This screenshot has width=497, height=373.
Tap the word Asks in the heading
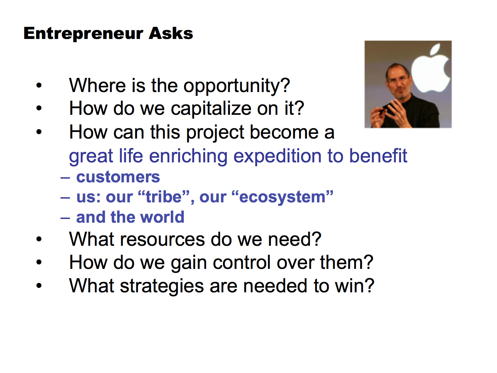[171, 33]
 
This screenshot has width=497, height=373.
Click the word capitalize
[211, 108]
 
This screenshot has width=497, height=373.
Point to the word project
[215, 133]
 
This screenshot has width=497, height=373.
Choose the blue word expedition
[277, 157]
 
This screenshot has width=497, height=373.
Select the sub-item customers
[118, 177]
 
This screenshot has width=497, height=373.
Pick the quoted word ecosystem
[282, 197]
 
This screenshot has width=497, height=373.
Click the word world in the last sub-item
[162, 217]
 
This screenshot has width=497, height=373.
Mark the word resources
[162, 240]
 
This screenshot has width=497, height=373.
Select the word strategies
[162, 286]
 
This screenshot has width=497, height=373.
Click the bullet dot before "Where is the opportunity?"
[39, 85]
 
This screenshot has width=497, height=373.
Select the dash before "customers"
[65, 178]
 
